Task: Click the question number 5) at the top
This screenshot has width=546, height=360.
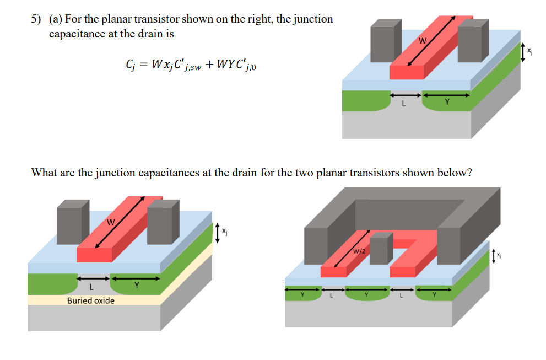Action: click(36, 19)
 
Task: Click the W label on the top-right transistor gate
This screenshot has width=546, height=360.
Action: click(423, 40)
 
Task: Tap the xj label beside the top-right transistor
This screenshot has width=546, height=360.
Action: click(529, 51)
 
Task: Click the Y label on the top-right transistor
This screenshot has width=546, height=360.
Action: click(447, 103)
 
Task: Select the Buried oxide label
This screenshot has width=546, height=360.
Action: click(91, 300)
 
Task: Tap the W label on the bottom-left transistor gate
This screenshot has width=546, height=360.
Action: click(110, 223)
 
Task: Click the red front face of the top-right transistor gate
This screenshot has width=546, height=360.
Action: click(407, 72)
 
